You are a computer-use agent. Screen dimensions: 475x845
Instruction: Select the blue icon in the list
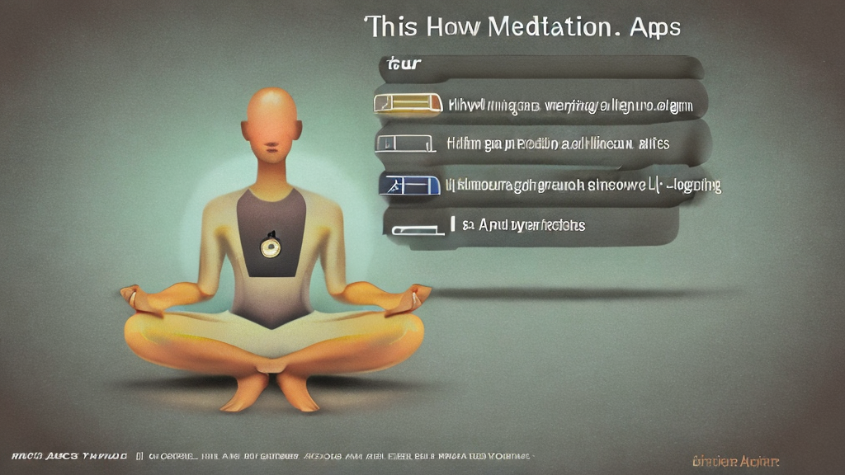pos(407,184)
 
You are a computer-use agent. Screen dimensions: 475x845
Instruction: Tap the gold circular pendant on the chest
pos(270,245)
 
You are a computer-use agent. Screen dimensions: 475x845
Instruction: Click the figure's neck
pos(271,175)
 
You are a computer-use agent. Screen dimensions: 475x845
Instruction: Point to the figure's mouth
pos(271,152)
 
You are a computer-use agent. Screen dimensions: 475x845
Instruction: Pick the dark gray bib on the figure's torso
pos(271,239)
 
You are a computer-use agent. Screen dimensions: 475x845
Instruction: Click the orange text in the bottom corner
pos(736,462)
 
